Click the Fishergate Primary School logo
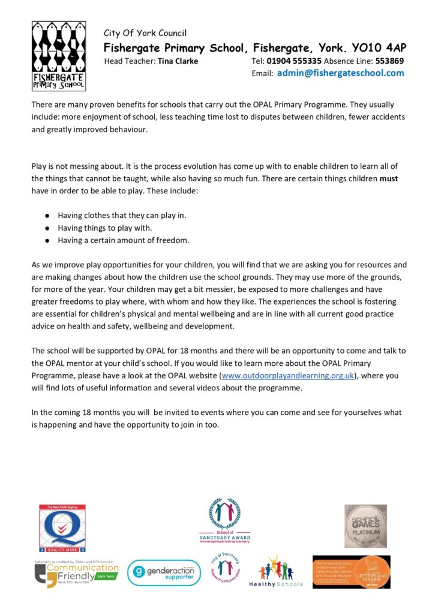point(58,55)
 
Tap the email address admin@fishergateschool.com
point(340,73)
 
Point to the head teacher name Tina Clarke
point(178,61)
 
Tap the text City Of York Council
point(145,33)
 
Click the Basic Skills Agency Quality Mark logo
point(62,527)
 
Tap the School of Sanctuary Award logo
point(224,520)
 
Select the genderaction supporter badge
point(163,572)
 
